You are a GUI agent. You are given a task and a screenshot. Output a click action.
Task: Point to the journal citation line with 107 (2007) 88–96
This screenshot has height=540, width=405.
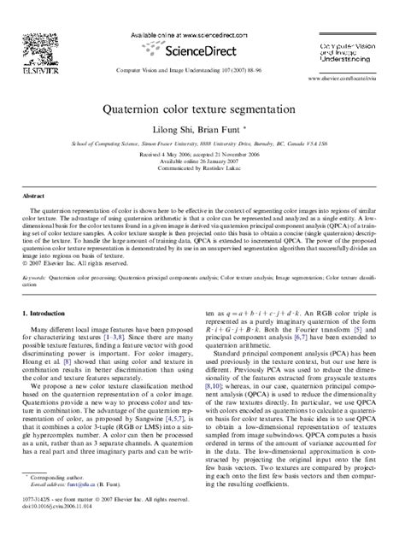pos(202,69)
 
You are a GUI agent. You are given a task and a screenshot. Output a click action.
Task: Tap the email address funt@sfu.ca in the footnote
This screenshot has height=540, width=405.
pos(88,504)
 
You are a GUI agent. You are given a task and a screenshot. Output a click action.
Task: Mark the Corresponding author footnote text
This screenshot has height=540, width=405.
pos(60,497)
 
